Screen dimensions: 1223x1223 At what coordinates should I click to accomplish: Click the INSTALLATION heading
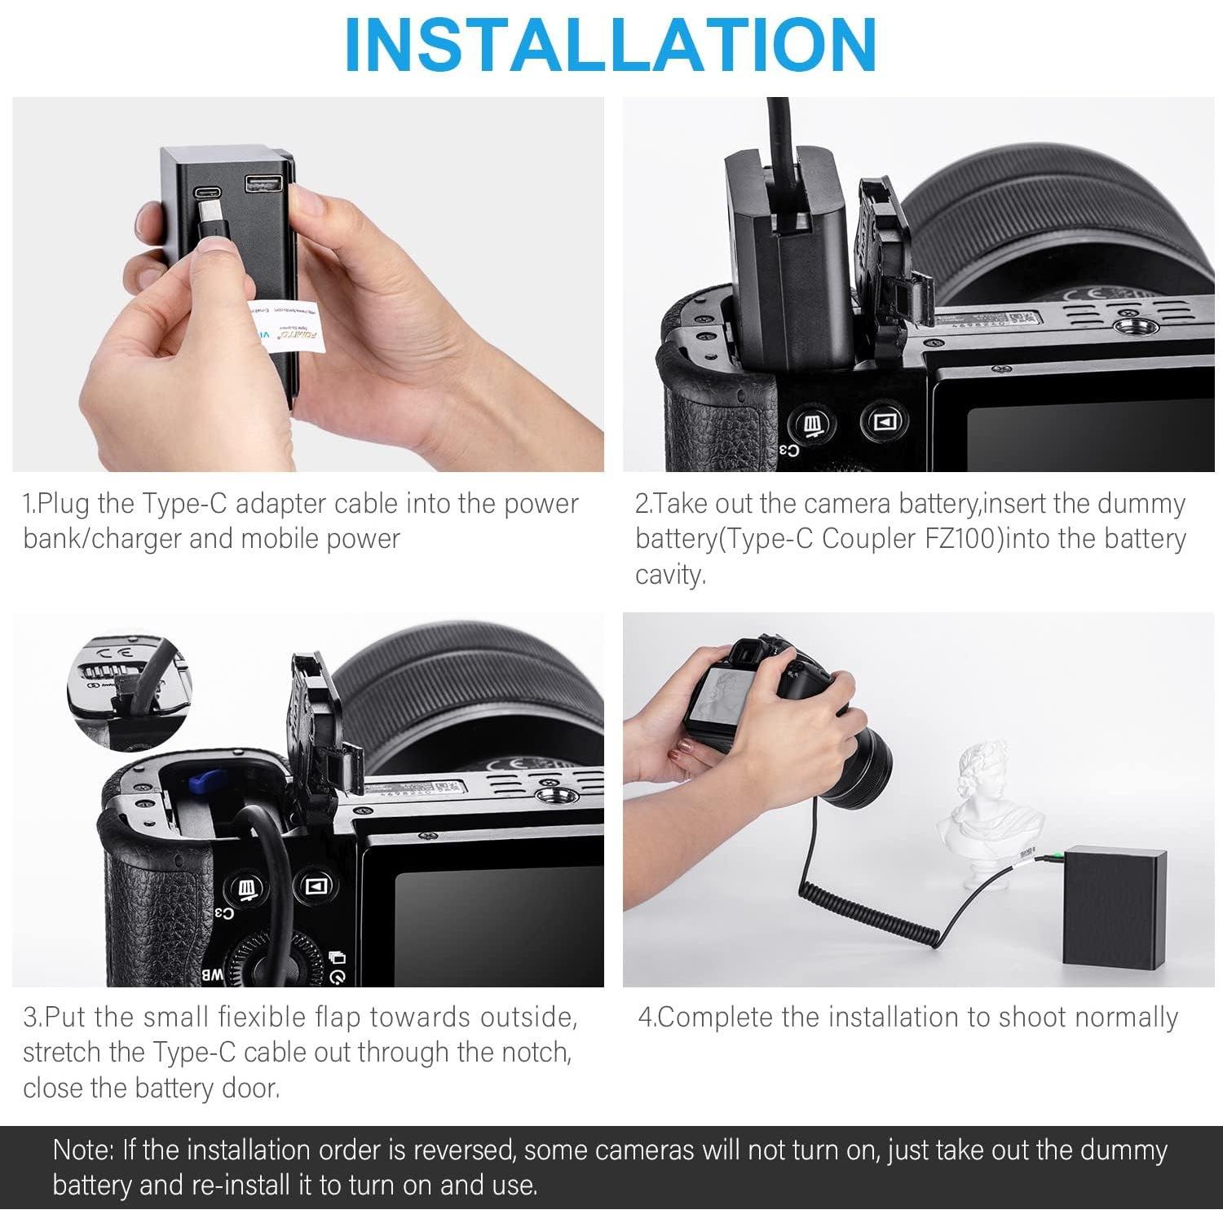(611, 44)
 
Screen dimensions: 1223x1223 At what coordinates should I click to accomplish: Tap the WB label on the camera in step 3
(211, 974)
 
